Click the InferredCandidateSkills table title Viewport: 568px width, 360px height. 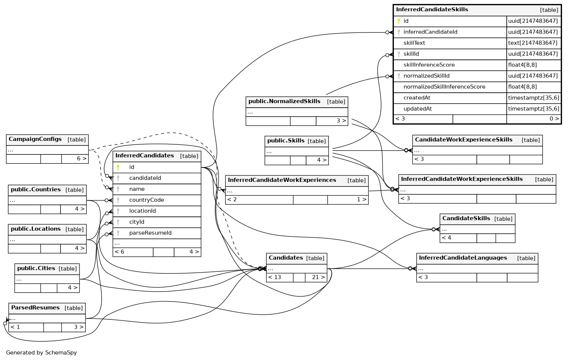coord(432,10)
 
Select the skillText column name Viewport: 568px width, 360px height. coord(414,43)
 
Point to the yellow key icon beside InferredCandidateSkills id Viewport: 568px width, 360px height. coord(399,21)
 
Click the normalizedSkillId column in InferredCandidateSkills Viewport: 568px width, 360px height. coord(426,76)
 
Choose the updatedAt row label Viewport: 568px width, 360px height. coord(417,109)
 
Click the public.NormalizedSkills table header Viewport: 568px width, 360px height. coord(284,101)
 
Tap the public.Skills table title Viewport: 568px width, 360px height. coord(286,141)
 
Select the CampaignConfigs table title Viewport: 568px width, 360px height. coord(35,139)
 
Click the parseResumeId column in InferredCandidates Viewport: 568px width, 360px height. coord(150,233)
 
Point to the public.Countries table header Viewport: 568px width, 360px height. coord(36,190)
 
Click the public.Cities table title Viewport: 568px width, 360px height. coord(36,268)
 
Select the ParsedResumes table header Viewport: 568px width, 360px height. coord(35,308)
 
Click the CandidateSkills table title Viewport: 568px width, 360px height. coord(466,218)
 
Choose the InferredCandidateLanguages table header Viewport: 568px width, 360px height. coord(463,258)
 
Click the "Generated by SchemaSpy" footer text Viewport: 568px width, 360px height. coord(41,353)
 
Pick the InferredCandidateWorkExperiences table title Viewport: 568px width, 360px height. coord(282,180)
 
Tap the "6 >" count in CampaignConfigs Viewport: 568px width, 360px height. coord(81,159)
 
